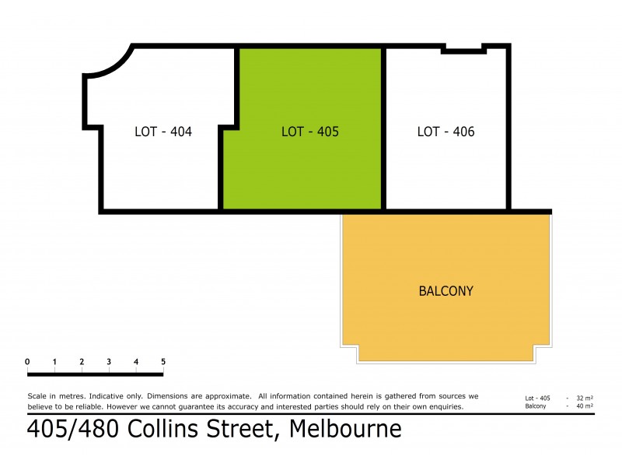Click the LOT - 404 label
pyautogui.click(x=163, y=132)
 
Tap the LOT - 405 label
pyautogui.click(x=309, y=132)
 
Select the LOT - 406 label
pyautogui.click(x=446, y=132)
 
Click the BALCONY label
pyautogui.click(x=446, y=291)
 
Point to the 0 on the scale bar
pyautogui.click(x=27, y=362)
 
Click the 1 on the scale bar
pyautogui.click(x=54, y=362)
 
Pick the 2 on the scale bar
pyautogui.click(x=82, y=362)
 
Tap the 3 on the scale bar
pyautogui.click(x=109, y=362)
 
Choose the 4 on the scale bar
pyautogui.click(x=136, y=362)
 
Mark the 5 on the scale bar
pyautogui.click(x=162, y=362)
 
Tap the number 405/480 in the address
pyautogui.click(x=72, y=429)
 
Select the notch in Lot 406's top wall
pyautogui.click(x=464, y=50)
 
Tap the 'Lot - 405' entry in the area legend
pyautogui.click(x=538, y=399)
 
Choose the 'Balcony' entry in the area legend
pyautogui.click(x=535, y=406)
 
